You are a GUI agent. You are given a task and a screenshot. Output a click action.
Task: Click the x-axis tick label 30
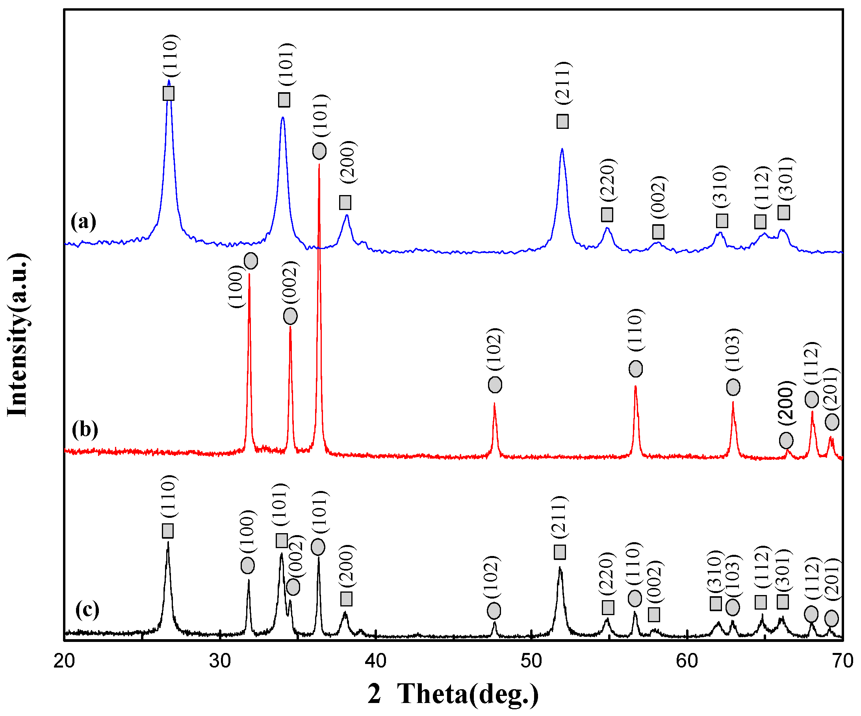pyautogui.click(x=220, y=662)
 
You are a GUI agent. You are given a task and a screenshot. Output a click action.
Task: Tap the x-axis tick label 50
pyautogui.click(x=531, y=662)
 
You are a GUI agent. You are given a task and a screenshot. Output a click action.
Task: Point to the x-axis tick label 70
pyautogui.click(x=842, y=662)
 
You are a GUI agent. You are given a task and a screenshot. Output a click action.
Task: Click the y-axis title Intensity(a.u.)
pyautogui.click(x=17, y=334)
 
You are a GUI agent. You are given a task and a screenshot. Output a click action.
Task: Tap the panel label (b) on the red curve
pyautogui.click(x=85, y=430)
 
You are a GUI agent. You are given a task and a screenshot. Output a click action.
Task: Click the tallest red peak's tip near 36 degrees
pyautogui.click(x=319, y=165)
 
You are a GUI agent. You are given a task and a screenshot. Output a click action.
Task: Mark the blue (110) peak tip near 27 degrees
pyautogui.click(x=169, y=81)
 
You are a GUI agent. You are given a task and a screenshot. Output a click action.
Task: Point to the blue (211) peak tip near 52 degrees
pyautogui.click(x=562, y=149)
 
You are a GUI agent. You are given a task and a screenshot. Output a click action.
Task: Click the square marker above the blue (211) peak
pyautogui.click(x=562, y=121)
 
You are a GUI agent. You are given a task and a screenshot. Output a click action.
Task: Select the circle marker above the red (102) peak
pyautogui.click(x=495, y=385)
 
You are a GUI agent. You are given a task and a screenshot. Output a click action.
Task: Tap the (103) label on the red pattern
pyautogui.click(x=732, y=350)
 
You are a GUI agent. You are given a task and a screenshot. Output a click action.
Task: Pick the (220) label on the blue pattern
pyautogui.click(x=607, y=180)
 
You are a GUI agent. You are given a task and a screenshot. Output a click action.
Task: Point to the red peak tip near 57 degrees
pyautogui.click(x=635, y=386)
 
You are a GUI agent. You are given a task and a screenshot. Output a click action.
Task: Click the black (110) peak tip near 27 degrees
pyautogui.click(x=168, y=542)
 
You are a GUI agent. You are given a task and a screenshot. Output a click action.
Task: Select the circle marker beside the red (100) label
pyautogui.click(x=251, y=260)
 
